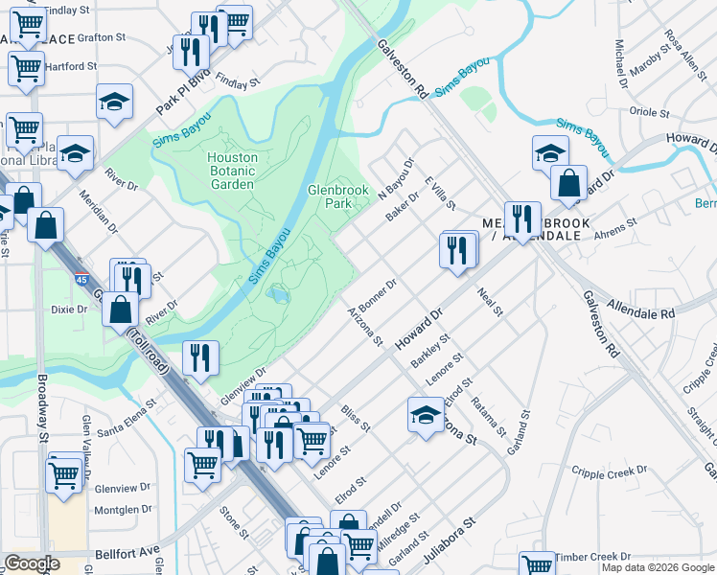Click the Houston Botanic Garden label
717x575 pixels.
tap(233, 171)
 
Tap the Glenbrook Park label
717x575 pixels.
tap(337, 196)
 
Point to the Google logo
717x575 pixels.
tap(31, 563)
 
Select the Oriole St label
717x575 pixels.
tap(649, 112)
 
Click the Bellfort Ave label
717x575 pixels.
tap(127, 553)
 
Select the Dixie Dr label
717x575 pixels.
tap(69, 310)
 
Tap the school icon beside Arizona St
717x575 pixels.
tap(425, 415)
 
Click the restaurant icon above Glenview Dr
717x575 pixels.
tap(200, 358)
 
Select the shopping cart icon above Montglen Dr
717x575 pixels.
tap(64, 473)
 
